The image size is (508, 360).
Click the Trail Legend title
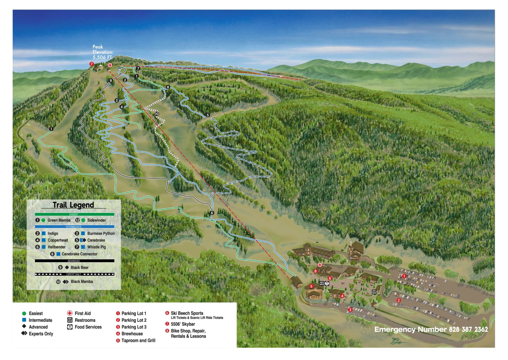(x=73, y=205)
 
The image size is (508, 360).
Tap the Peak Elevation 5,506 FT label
(x=103, y=52)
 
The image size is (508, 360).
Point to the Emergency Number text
(x=431, y=329)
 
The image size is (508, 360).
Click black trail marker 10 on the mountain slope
(x=157, y=114)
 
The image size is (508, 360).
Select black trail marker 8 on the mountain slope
(x=168, y=87)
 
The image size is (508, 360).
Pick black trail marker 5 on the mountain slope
(x=208, y=115)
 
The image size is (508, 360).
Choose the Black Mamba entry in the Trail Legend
(x=81, y=282)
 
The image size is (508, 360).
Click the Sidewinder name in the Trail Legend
(x=96, y=220)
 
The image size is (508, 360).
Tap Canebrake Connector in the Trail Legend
(x=79, y=254)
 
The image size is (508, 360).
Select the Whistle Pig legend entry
(x=96, y=247)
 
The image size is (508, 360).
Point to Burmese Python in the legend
(x=101, y=233)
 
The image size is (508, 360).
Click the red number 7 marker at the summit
(x=92, y=64)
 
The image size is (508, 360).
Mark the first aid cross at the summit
(x=110, y=65)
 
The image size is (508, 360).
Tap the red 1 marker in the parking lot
(x=404, y=276)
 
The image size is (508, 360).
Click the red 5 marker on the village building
(x=311, y=286)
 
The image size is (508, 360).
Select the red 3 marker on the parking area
(x=350, y=310)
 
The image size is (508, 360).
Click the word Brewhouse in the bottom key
(x=132, y=334)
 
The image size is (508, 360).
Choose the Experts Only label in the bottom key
(x=41, y=334)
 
